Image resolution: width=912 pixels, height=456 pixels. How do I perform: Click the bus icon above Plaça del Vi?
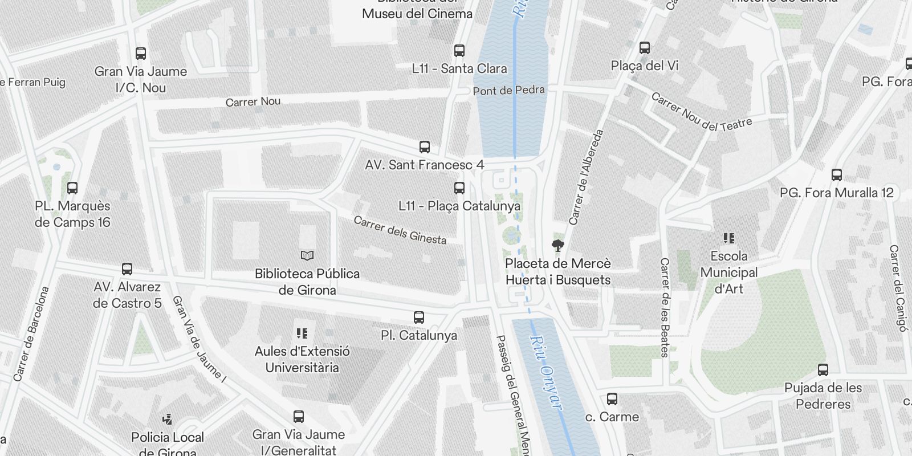click(x=645, y=48)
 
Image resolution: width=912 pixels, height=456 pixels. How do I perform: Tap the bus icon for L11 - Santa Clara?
click(x=459, y=51)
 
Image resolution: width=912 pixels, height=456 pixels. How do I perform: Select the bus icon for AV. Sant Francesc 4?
click(x=425, y=147)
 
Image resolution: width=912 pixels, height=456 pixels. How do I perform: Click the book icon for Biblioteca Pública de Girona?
click(x=307, y=256)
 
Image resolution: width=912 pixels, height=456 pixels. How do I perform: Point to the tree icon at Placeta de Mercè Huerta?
click(x=558, y=246)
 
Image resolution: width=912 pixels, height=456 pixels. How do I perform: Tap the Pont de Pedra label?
click(x=508, y=90)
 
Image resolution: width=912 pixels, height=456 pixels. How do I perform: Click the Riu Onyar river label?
click(x=546, y=372)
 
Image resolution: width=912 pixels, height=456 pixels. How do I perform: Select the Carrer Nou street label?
click(x=253, y=101)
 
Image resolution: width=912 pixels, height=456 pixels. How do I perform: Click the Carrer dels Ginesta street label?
click(x=400, y=230)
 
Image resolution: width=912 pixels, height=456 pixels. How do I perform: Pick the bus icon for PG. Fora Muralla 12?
click(x=837, y=175)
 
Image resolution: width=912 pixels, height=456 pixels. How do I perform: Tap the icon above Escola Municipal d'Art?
click(x=729, y=238)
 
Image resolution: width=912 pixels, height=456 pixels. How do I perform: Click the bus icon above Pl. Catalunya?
click(x=419, y=317)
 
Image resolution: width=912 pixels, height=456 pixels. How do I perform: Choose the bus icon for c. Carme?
click(x=612, y=399)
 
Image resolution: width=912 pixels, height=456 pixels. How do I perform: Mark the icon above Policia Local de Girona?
click(x=168, y=420)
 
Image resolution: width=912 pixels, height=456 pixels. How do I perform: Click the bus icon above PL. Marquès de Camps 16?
click(x=72, y=188)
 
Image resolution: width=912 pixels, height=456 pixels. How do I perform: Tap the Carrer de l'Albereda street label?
click(x=586, y=177)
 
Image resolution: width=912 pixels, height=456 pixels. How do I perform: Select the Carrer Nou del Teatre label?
click(x=701, y=112)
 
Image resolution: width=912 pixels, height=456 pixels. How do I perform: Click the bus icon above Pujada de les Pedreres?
click(x=823, y=370)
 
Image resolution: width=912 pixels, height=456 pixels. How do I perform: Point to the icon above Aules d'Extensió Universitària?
click(x=302, y=333)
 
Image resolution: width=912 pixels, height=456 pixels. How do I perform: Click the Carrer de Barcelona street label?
click(x=31, y=334)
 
